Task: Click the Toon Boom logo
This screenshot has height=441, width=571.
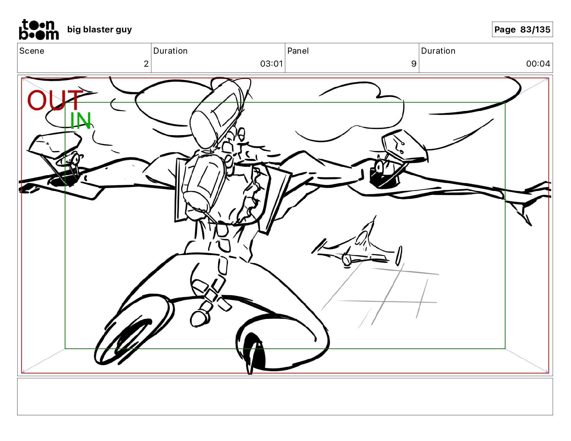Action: click(39, 30)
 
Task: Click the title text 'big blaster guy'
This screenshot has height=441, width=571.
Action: click(99, 30)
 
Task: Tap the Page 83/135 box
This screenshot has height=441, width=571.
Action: click(522, 30)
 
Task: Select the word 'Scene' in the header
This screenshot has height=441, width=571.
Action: click(32, 51)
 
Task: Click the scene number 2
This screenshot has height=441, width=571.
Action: click(146, 63)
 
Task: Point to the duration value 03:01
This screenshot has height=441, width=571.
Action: click(271, 63)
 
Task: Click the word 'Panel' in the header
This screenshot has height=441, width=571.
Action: click(298, 51)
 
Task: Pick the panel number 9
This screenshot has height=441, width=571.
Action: click(414, 63)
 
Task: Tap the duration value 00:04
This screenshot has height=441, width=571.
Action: click(538, 63)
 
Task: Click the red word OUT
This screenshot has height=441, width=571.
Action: click(55, 100)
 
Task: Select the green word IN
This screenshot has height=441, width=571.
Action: click(81, 121)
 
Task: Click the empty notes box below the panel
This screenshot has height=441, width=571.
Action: click(285, 397)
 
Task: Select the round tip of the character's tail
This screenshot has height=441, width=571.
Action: click(199, 319)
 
